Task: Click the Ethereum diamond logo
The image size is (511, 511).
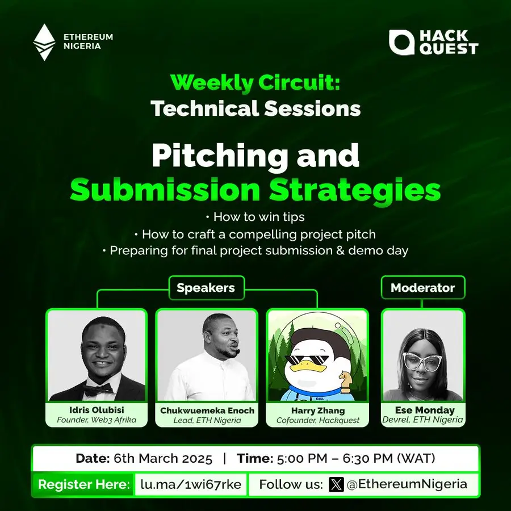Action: pos(44,42)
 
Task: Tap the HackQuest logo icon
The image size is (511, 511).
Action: pos(401,42)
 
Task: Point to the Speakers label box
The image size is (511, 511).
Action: pos(206,288)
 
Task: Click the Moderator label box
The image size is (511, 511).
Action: pos(422,287)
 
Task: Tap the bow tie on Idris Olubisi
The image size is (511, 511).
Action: pos(98,389)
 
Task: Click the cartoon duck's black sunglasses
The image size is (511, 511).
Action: pos(307,360)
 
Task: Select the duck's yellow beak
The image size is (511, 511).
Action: pos(304,369)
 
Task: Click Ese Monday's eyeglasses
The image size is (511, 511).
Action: pos(422,361)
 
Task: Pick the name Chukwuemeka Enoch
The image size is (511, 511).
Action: pos(207,411)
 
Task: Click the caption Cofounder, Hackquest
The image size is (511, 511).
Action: pos(318,420)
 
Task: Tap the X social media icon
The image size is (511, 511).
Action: pos(336,484)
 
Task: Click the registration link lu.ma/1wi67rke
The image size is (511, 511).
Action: pos(191,484)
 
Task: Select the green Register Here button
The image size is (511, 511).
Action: pos(83,484)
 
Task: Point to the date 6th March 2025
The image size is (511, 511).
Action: pos(162,459)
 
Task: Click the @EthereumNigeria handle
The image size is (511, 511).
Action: pos(407,484)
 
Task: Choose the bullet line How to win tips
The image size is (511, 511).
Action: pos(256,217)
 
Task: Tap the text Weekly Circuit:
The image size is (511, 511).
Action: pos(255,83)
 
